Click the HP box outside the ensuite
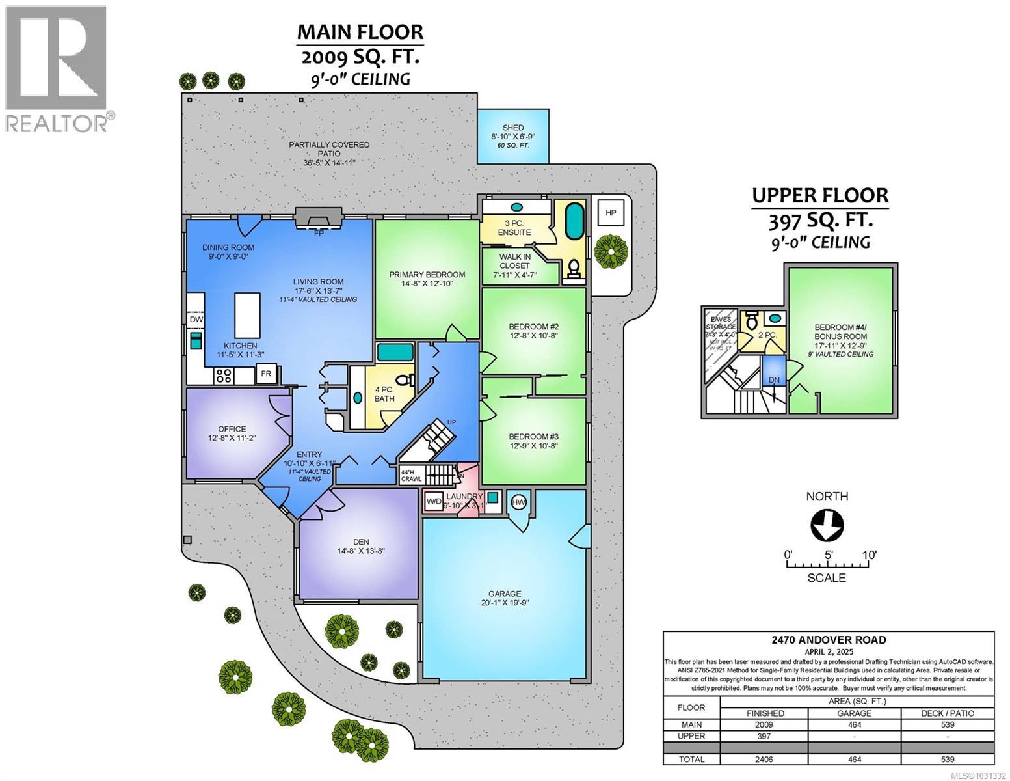pos(611,213)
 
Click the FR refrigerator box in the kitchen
pos(265,374)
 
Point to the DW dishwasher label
pos(196,320)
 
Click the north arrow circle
pos(827,524)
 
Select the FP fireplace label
pos(319,233)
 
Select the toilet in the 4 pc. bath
pos(403,380)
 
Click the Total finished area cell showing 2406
pos(764,759)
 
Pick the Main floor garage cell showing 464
pos(854,724)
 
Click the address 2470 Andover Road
pos(828,640)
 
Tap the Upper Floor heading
pos(819,195)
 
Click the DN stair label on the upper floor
pos(774,380)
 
